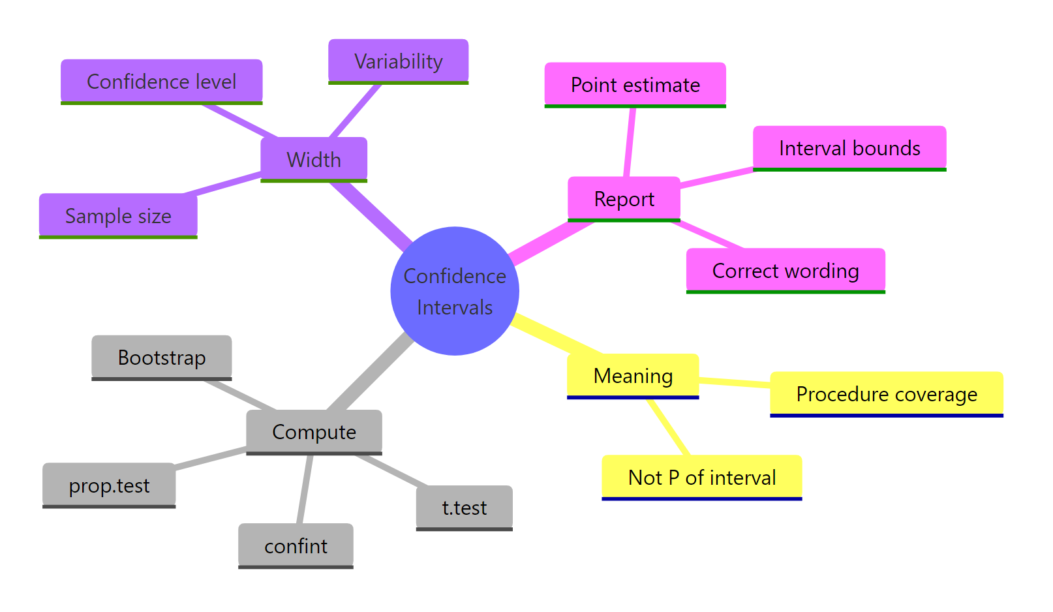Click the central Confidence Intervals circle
[455, 291]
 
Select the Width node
[314, 159]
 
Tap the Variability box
[398, 61]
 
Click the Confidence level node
[161, 82]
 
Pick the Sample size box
[118, 215]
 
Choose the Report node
[624, 198]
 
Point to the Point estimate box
[635, 85]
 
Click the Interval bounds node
[849, 148]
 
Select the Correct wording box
[785, 270]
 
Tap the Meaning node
[632, 376]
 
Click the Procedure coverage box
[886, 394]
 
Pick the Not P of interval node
[701, 477]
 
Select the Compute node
[314, 432]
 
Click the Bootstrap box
[161, 358]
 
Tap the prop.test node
[109, 485]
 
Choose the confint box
[296, 545]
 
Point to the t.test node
[464, 508]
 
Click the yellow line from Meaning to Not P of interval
[669, 427]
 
